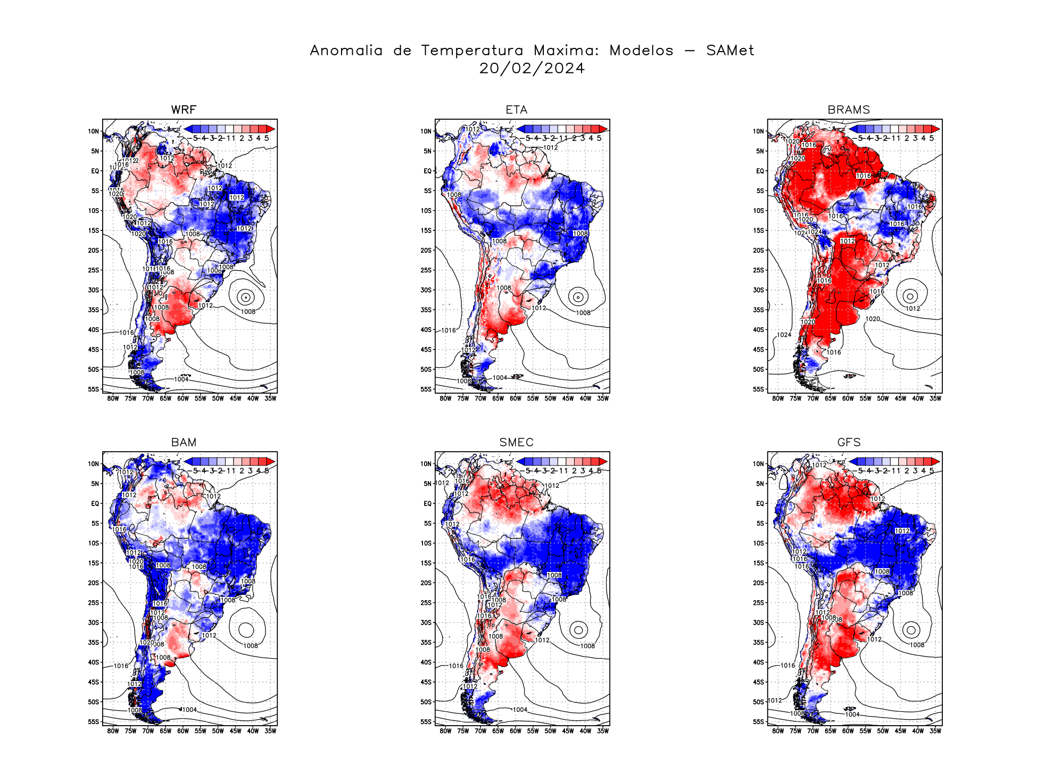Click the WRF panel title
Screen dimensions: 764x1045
184,110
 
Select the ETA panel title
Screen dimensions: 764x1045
516,110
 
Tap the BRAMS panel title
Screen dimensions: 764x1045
849,110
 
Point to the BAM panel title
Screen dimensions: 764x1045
184,442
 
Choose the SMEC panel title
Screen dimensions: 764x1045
516,442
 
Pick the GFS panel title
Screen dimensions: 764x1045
849,442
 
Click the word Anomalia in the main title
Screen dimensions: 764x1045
346,51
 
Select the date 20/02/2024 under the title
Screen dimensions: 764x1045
532,69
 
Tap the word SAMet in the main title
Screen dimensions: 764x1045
730,51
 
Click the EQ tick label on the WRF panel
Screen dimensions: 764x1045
95,171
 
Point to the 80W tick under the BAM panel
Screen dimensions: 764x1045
113,730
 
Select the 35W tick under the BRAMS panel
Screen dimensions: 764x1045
935,398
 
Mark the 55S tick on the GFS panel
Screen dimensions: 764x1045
758,721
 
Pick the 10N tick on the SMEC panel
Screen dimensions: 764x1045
426,463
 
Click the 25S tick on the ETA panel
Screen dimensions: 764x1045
426,270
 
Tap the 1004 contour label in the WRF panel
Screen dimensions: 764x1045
181,379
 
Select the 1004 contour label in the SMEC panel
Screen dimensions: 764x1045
520,710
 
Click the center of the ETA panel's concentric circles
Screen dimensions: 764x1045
578,297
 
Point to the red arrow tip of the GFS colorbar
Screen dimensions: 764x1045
938,462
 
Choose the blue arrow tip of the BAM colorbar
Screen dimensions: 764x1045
187,462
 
